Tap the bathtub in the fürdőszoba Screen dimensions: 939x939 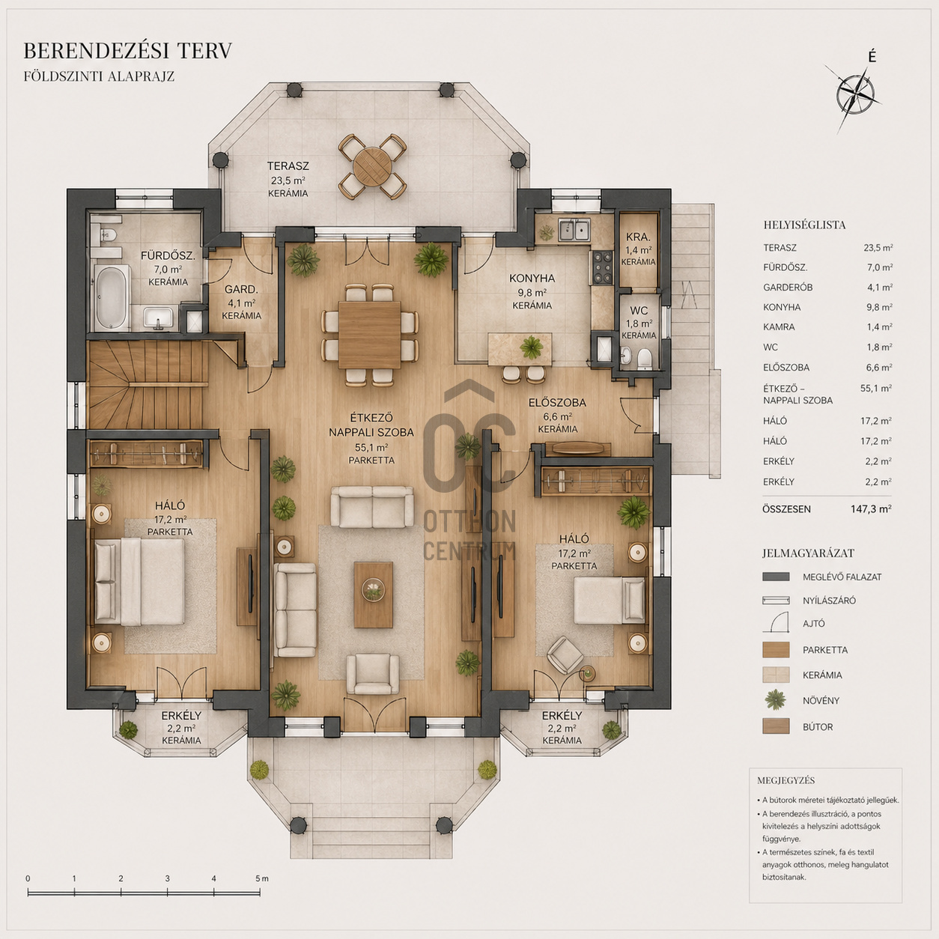coord(112,297)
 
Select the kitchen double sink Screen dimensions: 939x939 coord(574,229)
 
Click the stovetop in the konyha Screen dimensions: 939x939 coord(602,267)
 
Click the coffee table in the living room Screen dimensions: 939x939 coord(373,595)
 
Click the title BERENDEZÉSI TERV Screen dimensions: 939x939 coord(128,51)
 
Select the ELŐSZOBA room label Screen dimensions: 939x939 coord(557,403)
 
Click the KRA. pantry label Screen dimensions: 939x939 coord(638,237)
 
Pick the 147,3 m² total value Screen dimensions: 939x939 coord(872,509)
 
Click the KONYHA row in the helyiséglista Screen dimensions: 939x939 coord(827,307)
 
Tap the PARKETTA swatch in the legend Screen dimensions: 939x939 coord(776,649)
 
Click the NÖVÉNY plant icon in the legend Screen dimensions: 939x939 coord(775,700)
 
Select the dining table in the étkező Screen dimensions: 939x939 coord(369,335)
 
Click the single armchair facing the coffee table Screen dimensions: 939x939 coord(373,674)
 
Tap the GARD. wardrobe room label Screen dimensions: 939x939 coord(241,290)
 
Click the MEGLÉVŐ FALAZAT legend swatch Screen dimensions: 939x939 coord(776,577)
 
